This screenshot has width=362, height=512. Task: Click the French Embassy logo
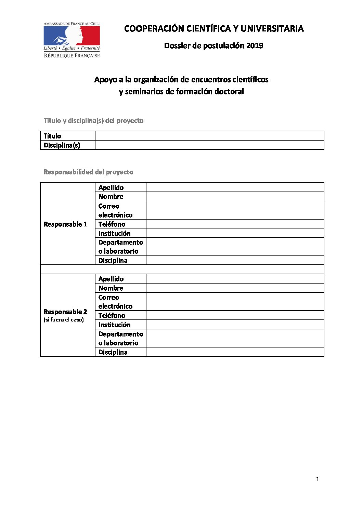pyautogui.click(x=72, y=40)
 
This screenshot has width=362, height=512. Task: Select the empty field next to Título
pyautogui.click(x=209, y=136)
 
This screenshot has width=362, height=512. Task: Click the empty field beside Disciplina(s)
pyautogui.click(x=209, y=145)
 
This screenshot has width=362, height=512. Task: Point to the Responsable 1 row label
pyautogui.click(x=65, y=224)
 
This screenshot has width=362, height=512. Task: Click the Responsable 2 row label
pyautogui.click(x=65, y=312)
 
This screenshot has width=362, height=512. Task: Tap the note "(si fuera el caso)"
pyautogui.click(x=64, y=320)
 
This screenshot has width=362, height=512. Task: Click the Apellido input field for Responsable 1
pyautogui.click(x=235, y=187)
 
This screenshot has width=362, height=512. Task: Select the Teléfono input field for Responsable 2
pyautogui.click(x=235, y=315)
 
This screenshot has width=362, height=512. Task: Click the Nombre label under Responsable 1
pyautogui.click(x=111, y=197)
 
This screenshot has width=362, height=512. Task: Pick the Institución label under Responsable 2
pyautogui.click(x=114, y=325)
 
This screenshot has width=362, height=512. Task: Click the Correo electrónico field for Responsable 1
pyautogui.click(x=235, y=210)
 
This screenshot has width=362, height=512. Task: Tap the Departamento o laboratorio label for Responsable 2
pyautogui.click(x=120, y=338)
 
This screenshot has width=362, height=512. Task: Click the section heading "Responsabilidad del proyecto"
pyautogui.click(x=88, y=172)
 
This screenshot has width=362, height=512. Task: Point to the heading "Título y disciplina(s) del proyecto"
pyautogui.click(x=93, y=121)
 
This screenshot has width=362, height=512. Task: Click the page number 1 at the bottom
pyautogui.click(x=318, y=480)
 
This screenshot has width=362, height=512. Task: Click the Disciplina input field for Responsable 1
pyautogui.click(x=235, y=260)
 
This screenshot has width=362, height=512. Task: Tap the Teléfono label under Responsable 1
pyautogui.click(x=112, y=224)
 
